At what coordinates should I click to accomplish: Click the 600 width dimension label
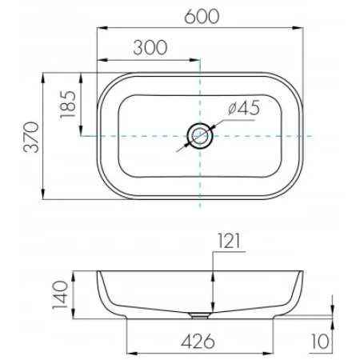(202, 17)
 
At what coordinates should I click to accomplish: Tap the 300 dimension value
(150, 48)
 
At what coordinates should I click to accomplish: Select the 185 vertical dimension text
(68, 104)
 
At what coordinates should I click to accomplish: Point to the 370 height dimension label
(31, 137)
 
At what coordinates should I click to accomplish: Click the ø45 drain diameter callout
(244, 108)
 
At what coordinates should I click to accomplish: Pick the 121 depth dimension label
(229, 241)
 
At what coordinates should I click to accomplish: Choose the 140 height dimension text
(61, 294)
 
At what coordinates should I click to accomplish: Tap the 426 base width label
(198, 341)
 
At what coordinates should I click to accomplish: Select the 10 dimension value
(320, 341)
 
